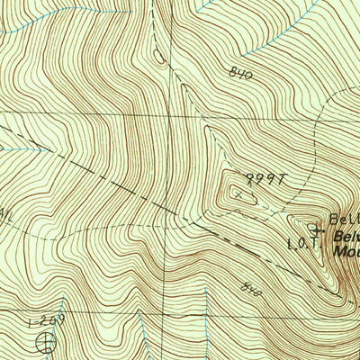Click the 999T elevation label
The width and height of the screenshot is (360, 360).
tap(264, 179)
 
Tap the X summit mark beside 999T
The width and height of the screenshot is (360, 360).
tap(238, 192)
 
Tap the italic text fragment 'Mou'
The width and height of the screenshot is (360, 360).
tap(346, 252)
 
